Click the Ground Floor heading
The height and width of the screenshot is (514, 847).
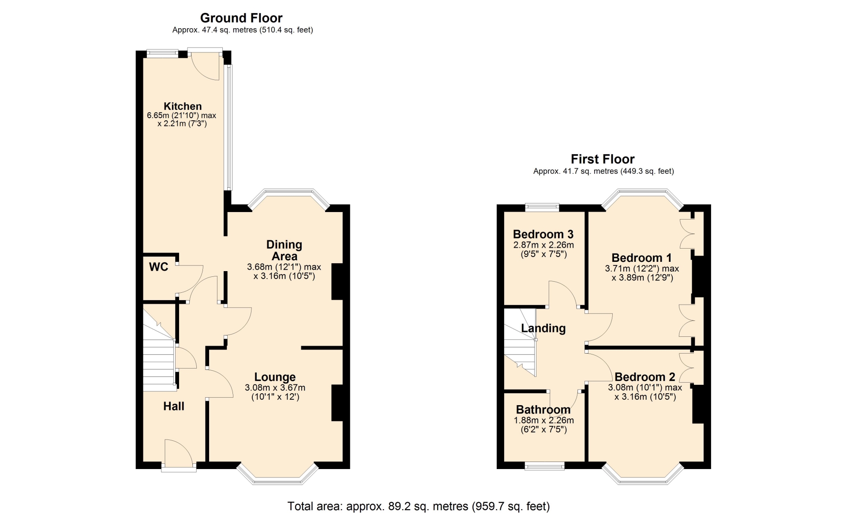coord(241,18)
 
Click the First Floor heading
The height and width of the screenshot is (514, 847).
coord(603,159)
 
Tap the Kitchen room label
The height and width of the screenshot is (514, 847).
coord(183,106)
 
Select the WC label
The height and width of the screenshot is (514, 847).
coord(159,267)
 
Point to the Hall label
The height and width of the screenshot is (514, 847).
coord(174,406)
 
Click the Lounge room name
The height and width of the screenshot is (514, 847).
coord(275,377)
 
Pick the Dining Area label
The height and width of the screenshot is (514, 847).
coord(285,250)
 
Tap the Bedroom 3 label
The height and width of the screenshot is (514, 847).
coord(543,235)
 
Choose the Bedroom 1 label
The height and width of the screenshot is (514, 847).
coord(642,258)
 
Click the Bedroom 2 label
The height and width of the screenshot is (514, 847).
coord(645,377)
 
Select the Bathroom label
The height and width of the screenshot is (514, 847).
coord(543,410)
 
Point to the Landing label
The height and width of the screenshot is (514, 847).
coord(543,328)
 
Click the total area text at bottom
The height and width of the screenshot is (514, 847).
coord(419,507)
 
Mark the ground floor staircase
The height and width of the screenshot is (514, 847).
coord(159,349)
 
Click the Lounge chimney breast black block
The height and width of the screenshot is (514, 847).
coord(337,403)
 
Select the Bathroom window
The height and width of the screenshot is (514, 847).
coord(544,466)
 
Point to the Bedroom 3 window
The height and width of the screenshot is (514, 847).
coord(542,207)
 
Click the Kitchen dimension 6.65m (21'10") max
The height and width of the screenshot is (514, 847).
coord(182,115)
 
